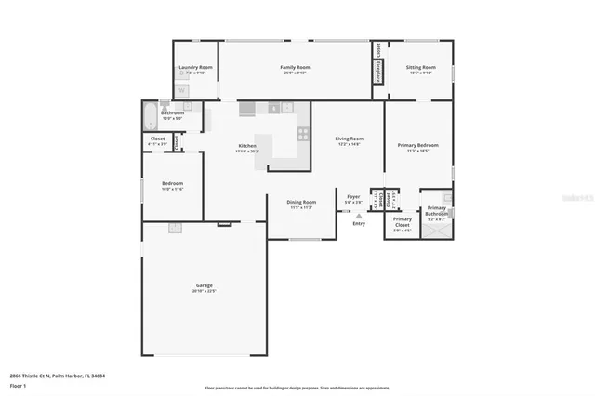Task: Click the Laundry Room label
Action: coord(195,67)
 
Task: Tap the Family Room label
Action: coord(296,67)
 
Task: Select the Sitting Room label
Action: coord(420,67)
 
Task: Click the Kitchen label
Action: coord(246,146)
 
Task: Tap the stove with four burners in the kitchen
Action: coord(302,134)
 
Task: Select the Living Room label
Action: coord(350,139)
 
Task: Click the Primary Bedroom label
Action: coord(418,145)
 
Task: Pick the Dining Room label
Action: coord(301,202)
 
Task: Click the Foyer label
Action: coord(353,196)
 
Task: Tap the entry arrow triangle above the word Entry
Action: coord(359,216)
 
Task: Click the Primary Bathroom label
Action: coord(436,211)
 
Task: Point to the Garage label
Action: coord(204,285)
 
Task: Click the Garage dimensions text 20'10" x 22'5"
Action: coord(204,292)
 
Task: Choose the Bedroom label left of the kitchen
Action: coord(172,183)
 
